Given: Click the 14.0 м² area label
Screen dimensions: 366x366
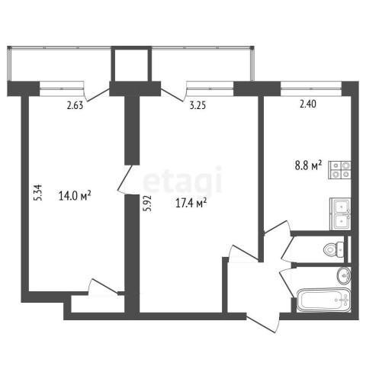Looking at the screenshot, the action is pyautogui.click(x=75, y=196).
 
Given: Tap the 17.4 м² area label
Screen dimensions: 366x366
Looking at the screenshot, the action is pyautogui.click(x=191, y=203).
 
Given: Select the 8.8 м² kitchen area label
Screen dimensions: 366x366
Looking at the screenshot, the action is pyautogui.click(x=308, y=165).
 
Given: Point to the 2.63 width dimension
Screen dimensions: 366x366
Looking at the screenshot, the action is pyautogui.click(x=75, y=105).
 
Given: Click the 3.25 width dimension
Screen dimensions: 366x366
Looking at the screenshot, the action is pyautogui.click(x=197, y=105).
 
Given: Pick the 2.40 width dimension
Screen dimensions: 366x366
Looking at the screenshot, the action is pyautogui.click(x=308, y=104).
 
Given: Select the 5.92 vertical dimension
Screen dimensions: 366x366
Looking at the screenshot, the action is pyautogui.click(x=147, y=204).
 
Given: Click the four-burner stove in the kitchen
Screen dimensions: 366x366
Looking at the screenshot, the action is pyautogui.click(x=339, y=170).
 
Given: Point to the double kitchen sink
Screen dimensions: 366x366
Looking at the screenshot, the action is pyautogui.click(x=340, y=214).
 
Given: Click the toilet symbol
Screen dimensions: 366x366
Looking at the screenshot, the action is pyautogui.click(x=334, y=249).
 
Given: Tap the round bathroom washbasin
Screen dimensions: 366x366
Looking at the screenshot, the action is pyautogui.click(x=344, y=275).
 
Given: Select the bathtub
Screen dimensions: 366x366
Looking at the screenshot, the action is pyautogui.click(x=324, y=300).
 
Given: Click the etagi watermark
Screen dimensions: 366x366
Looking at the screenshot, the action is pyautogui.click(x=183, y=179).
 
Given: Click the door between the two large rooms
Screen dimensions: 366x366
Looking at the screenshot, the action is pyautogui.click(x=125, y=180).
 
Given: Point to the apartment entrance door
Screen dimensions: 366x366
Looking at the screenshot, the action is pyautogui.click(x=263, y=323).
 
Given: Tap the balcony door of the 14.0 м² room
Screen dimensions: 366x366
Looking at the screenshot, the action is pyautogui.click(x=97, y=95).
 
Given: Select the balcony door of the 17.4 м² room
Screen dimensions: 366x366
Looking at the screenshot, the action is pyautogui.click(x=173, y=95).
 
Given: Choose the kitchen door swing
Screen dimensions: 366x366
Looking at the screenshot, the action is pyautogui.click(x=277, y=227).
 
